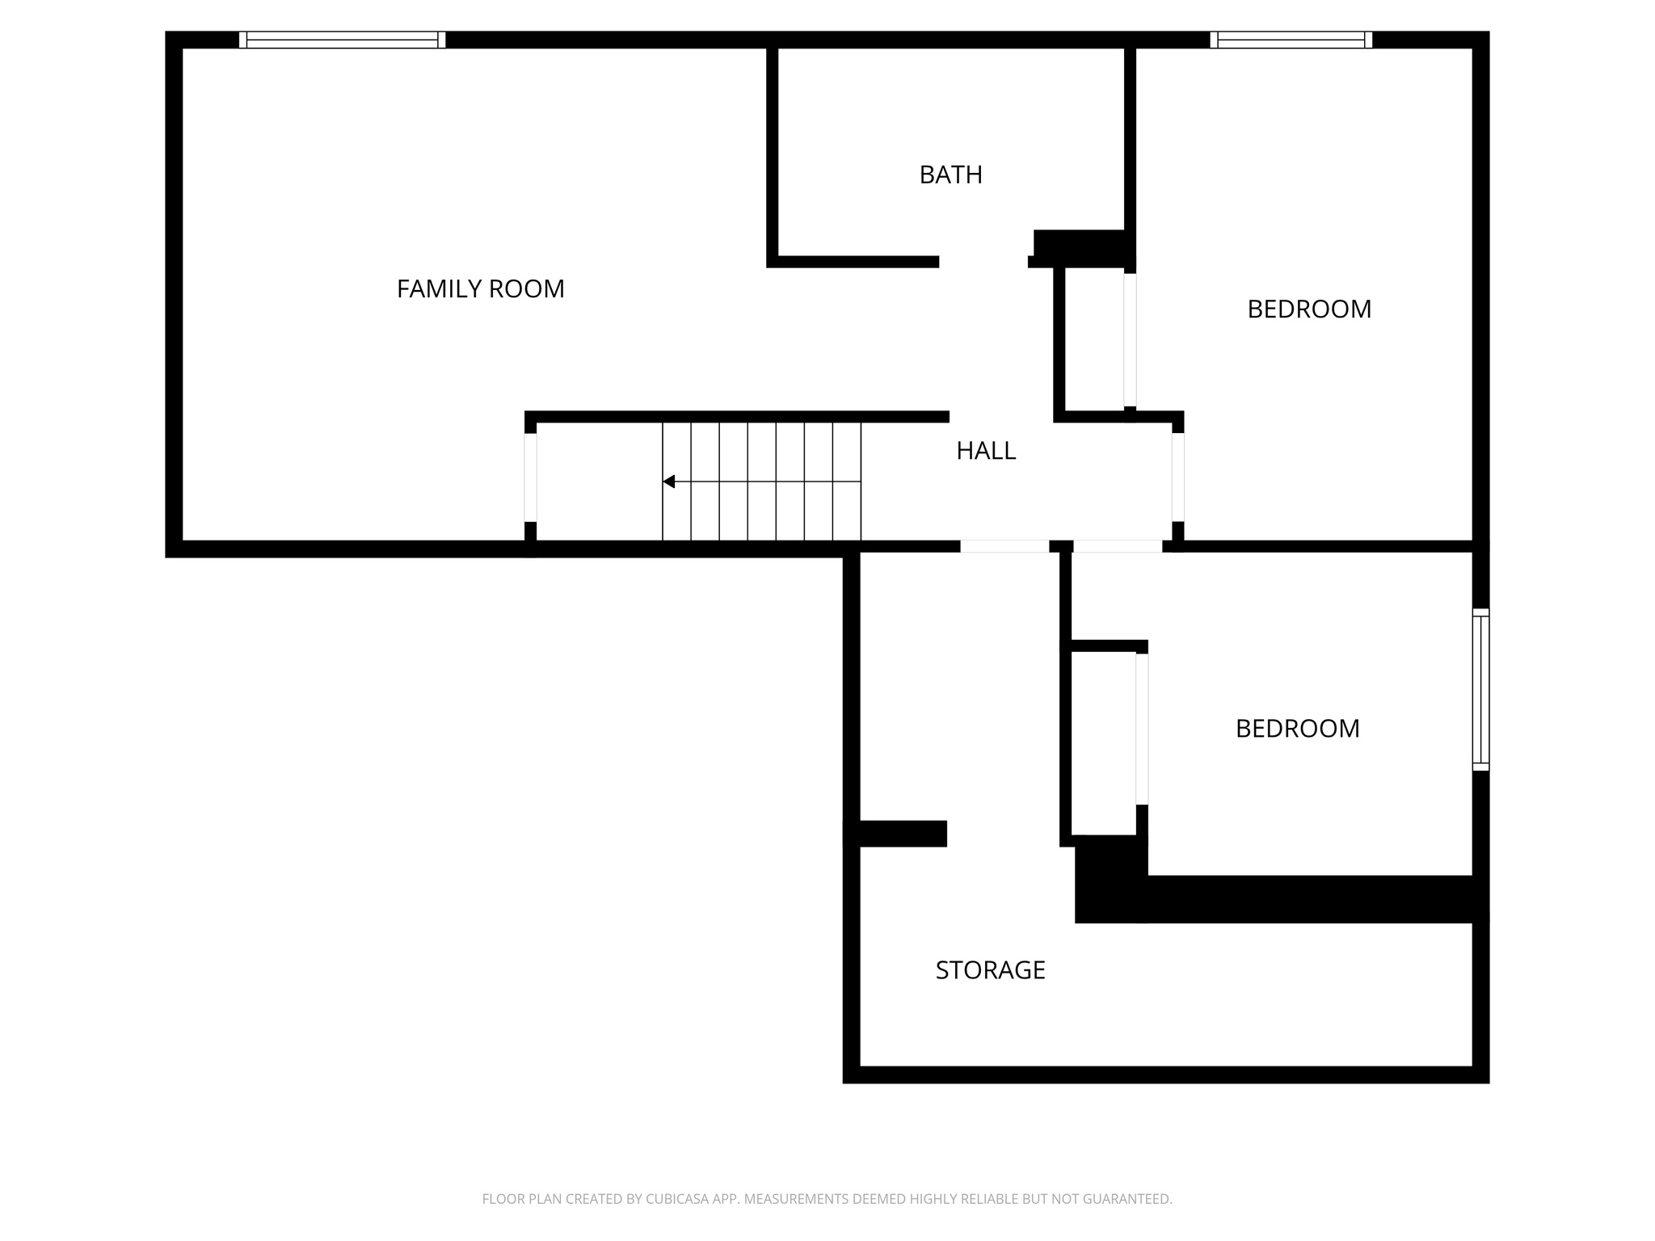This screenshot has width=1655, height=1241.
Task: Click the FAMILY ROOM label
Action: (x=480, y=289)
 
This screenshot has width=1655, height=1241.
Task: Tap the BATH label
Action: (x=950, y=175)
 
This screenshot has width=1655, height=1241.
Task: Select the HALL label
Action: (x=985, y=451)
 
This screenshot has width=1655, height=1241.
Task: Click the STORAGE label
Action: (x=990, y=970)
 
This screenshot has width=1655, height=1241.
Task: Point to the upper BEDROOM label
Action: (x=1308, y=309)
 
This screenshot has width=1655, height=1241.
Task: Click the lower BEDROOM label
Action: (x=1297, y=729)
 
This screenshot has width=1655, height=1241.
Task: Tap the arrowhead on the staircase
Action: (x=669, y=482)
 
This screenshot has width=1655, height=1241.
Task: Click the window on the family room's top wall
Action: (x=342, y=40)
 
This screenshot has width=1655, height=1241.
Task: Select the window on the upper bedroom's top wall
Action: (x=1291, y=40)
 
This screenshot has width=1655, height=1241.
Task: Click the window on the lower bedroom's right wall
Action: (x=1480, y=689)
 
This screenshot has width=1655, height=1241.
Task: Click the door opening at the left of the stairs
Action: (x=530, y=477)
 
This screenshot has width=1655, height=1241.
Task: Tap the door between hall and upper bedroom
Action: (x=1177, y=477)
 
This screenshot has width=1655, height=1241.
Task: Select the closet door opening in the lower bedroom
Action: (x=1142, y=729)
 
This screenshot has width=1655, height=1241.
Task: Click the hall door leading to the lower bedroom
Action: (x=1117, y=546)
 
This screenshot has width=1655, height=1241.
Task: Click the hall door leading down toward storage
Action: (x=1004, y=546)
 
